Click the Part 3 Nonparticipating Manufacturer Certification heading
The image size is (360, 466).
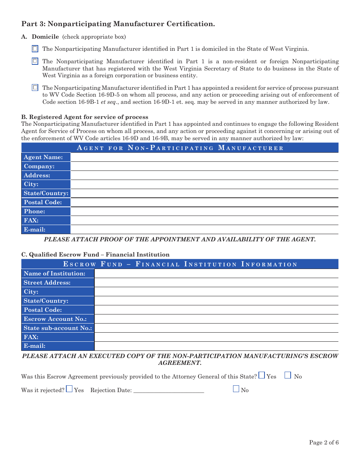118,24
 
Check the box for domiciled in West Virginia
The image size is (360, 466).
35,48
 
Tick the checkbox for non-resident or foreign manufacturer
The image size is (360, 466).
35,61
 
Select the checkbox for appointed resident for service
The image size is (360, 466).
35,88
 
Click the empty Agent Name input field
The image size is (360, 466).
204,157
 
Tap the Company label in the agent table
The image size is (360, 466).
39,166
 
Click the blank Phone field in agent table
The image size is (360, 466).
204,211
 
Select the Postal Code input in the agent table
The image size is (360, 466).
204,202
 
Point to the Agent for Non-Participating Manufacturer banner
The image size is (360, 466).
180,148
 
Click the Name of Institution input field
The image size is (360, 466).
216,274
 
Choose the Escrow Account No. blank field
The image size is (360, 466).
216,319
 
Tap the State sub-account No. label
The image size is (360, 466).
58,328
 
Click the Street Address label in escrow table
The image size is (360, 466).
47,283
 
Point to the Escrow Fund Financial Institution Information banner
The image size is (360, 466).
180,264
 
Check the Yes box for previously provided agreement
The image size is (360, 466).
262,375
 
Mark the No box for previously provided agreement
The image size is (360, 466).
288,375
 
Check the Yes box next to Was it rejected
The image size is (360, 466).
69,389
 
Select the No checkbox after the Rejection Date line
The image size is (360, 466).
236,389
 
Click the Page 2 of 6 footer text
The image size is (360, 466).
324,443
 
